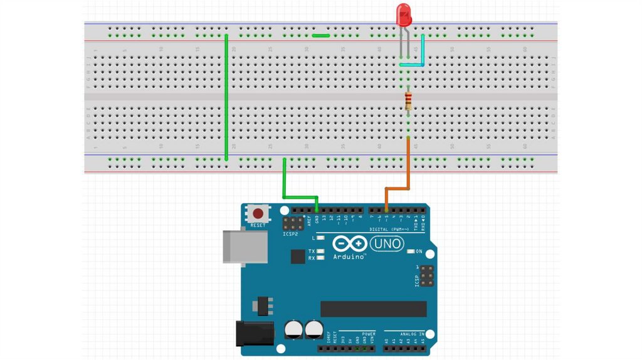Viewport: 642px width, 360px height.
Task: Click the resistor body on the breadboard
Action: [x=409, y=100]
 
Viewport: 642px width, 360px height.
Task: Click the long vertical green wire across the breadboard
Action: [x=226, y=94]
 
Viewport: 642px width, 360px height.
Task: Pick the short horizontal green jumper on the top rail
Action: [x=321, y=36]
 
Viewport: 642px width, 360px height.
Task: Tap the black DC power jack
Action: [x=253, y=333]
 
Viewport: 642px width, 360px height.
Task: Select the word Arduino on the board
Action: [x=350, y=257]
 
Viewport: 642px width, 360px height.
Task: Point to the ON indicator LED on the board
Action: [x=411, y=251]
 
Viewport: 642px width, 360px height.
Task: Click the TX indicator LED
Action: [x=320, y=251]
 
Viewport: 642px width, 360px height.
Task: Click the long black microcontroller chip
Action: [x=373, y=309]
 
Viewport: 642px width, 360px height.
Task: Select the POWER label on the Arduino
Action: [x=368, y=333]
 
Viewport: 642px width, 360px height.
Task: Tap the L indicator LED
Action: [x=320, y=238]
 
